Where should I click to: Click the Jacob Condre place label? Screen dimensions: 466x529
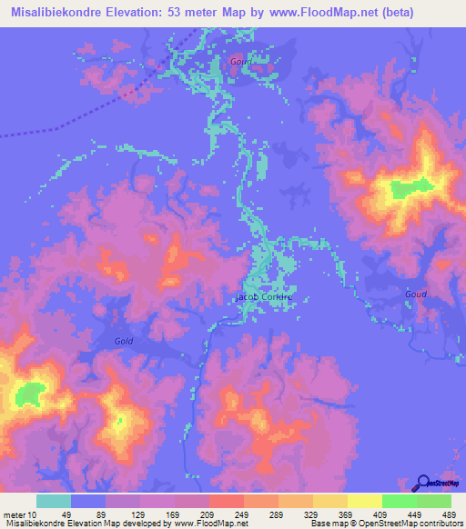pos(264,297)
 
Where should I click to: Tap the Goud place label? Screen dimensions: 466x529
pos(415,294)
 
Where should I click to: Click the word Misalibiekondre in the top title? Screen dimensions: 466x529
pos(56,13)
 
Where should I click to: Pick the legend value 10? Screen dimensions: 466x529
pos(32,515)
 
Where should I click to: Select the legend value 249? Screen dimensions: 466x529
pos(225,515)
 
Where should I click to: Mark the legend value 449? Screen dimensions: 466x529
pos(399,515)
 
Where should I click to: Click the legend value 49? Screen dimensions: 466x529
pos(53,515)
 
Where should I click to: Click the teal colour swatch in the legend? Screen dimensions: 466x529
pos(53,501)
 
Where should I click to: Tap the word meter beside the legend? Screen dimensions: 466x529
pos(14,515)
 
